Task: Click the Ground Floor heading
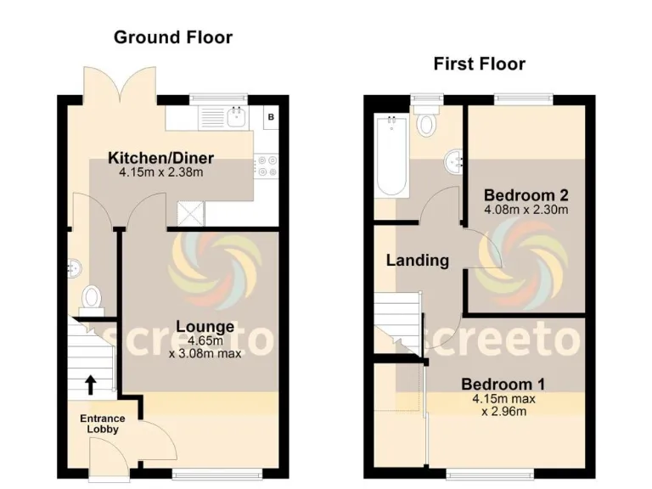tap(172, 37)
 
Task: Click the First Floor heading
tap(479, 64)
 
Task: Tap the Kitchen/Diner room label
tap(160, 158)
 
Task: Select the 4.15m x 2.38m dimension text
tap(160, 172)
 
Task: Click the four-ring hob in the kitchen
tap(269, 166)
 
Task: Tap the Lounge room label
tap(205, 326)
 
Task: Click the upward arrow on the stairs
tap(90, 385)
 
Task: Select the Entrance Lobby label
tap(102, 424)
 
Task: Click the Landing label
tap(417, 261)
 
